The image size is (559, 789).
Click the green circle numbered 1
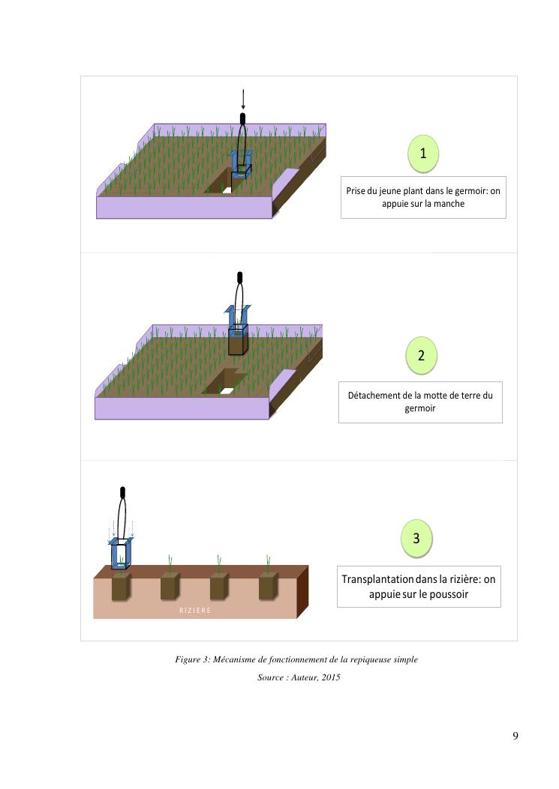point(423,153)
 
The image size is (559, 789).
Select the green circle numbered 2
point(421,355)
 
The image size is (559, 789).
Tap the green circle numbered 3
point(416,538)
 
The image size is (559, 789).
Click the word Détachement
point(374,396)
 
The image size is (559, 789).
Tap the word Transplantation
point(377,579)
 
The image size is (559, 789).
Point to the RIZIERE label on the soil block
point(195,611)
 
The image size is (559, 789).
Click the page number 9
point(515,736)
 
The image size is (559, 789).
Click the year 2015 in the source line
point(331,677)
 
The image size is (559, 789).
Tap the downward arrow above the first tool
point(243,99)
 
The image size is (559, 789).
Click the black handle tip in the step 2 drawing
point(239,277)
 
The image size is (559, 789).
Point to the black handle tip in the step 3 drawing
point(122,492)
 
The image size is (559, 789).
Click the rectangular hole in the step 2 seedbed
point(224,381)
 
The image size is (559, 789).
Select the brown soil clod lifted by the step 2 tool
point(238,345)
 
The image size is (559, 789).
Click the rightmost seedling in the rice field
point(268,563)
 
